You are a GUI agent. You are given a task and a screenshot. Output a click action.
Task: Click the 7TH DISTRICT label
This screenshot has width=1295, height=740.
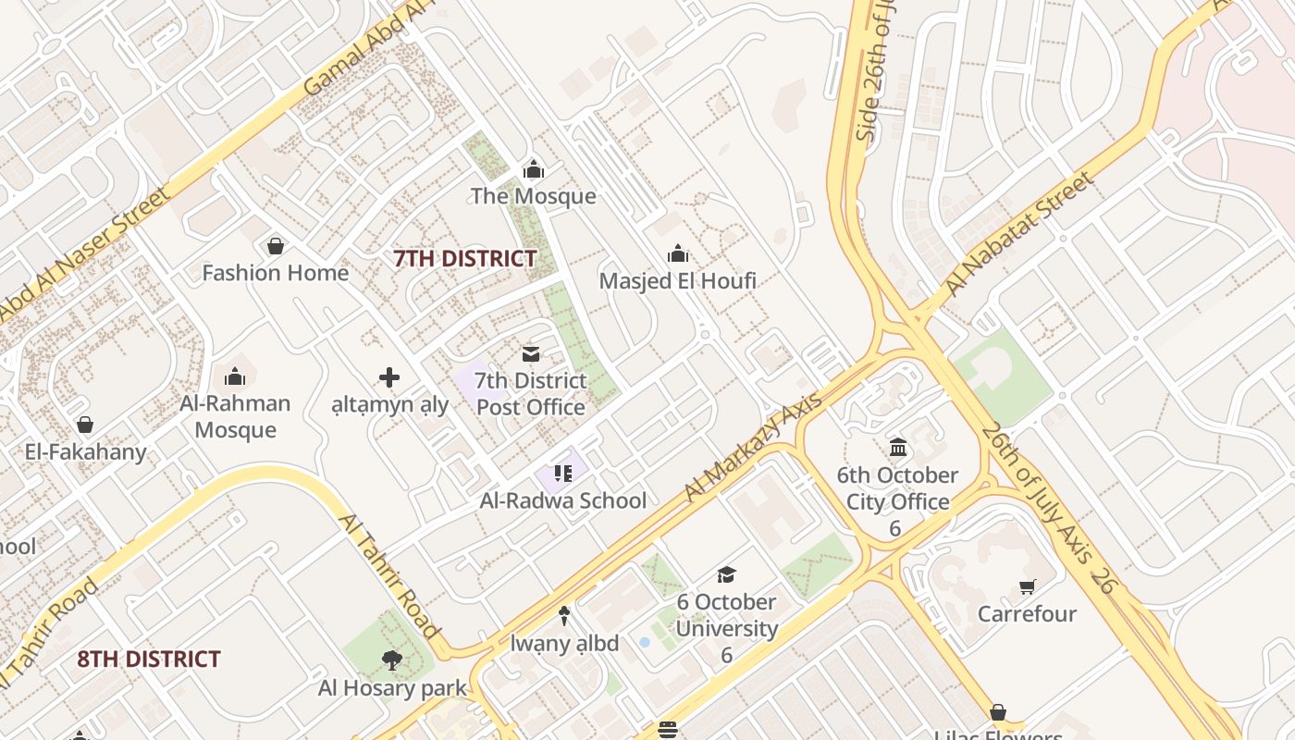coord(465,259)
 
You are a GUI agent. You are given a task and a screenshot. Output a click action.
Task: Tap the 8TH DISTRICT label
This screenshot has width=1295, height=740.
coord(149,660)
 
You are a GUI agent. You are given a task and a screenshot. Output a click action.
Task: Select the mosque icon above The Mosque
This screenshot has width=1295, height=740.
coord(534,169)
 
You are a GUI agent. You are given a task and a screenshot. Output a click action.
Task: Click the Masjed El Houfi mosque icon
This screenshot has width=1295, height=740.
coord(678,253)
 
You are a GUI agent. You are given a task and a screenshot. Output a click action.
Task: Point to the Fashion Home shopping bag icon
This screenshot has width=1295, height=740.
coord(275,246)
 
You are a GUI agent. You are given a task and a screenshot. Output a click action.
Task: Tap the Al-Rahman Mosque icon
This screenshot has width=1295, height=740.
coord(235,376)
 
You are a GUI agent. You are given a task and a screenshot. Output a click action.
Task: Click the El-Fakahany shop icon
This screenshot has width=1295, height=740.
coord(85,425)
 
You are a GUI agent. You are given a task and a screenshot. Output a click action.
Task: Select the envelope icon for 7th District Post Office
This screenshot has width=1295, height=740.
coord(531,353)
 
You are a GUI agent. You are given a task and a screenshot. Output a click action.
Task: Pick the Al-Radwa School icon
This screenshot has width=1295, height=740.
coord(563,474)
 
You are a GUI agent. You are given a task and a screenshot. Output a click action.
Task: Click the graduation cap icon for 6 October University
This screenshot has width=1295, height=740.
coord(726,574)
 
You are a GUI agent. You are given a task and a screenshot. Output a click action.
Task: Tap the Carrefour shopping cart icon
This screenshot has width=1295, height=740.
coord(1027,586)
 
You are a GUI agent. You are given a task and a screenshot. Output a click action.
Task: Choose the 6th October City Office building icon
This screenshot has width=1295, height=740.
coord(897,448)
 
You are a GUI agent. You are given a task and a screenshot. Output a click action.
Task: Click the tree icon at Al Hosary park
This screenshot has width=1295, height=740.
coord(392,660)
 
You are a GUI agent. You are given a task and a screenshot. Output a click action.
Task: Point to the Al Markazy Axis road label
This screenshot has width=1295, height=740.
coord(753,448)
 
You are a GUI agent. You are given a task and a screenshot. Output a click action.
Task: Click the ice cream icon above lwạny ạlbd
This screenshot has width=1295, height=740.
coord(564,615)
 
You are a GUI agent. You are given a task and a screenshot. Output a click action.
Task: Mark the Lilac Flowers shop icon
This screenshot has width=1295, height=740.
coord(998,712)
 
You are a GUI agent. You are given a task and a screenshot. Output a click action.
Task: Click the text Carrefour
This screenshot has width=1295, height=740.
coord(1027,614)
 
